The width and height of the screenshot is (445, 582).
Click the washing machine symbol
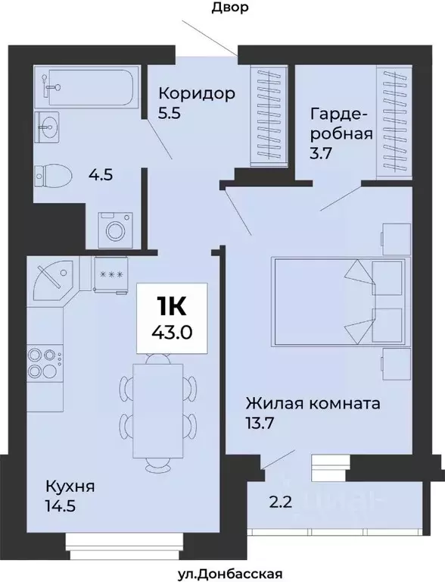pyautogui.click(x=116, y=228)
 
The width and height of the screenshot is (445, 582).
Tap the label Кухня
pyautogui.click(x=69, y=485)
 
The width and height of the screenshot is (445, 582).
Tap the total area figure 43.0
pyautogui.click(x=171, y=332)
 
